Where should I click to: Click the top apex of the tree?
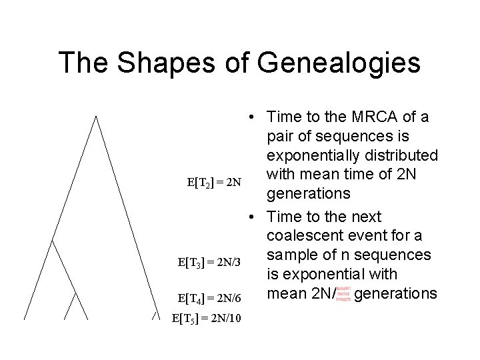click(95, 117)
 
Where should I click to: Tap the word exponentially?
click(313, 155)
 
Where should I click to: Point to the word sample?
click(292, 255)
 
